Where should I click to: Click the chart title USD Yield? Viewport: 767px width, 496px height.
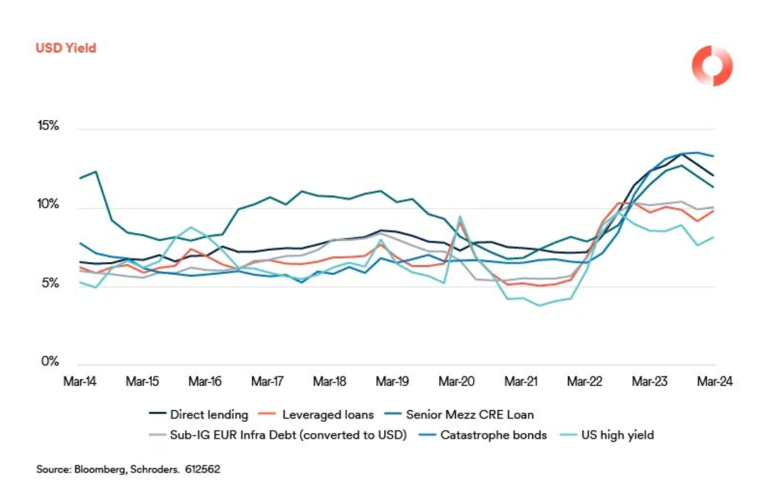tap(66, 48)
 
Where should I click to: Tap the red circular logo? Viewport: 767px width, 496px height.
tap(712, 66)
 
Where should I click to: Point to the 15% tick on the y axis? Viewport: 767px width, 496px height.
tap(49, 126)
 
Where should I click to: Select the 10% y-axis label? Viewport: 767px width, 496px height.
tap(49, 205)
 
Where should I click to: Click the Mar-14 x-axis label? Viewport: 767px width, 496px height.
tap(80, 382)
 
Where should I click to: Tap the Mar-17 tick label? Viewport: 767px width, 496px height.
tap(268, 382)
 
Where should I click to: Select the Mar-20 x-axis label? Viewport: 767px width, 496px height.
tap(456, 382)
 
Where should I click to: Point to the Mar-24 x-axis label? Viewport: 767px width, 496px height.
tap(715, 382)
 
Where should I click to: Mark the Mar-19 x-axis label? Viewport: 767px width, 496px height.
tap(393, 382)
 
